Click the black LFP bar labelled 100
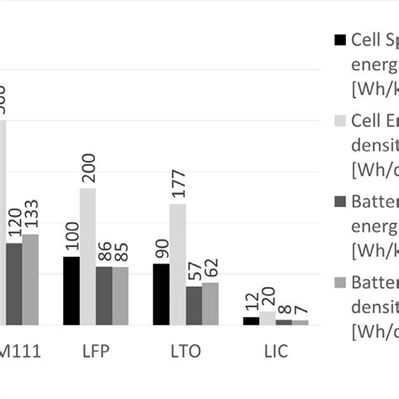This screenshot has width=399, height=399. tap(72, 290)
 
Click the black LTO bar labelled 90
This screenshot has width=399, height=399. tap(161, 294)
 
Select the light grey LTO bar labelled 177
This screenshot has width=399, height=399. tap(178, 264)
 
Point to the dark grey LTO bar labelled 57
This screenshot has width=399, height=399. tap(194, 306)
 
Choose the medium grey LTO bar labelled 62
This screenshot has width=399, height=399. tap(210, 303)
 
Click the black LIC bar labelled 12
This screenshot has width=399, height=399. tap(251, 321)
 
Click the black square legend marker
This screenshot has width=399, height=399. tap(340, 40)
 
